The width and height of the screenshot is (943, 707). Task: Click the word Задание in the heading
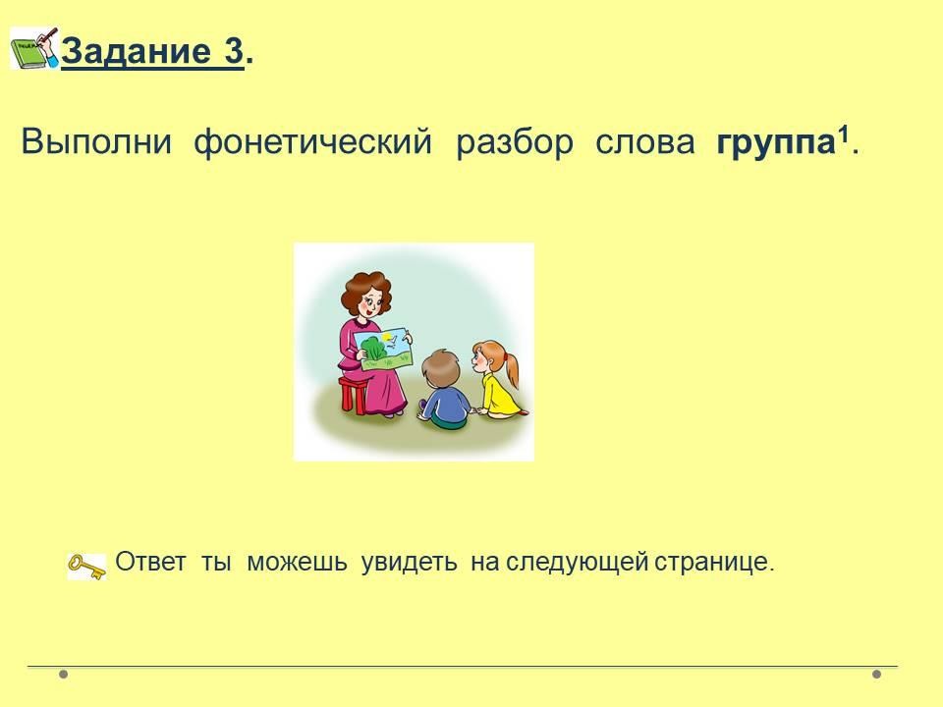click(x=136, y=51)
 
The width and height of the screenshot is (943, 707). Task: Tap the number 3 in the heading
click(x=234, y=50)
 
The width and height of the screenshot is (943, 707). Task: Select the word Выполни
click(x=96, y=142)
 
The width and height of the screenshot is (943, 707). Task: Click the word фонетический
click(x=312, y=143)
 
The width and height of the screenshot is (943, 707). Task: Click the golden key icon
click(x=86, y=567)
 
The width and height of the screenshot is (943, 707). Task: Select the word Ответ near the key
click(x=150, y=562)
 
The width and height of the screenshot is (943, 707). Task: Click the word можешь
click(x=297, y=563)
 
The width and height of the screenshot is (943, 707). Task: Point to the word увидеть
click(x=409, y=563)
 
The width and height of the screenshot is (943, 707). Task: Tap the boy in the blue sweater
click(x=444, y=390)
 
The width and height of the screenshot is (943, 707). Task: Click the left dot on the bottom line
click(x=63, y=674)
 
